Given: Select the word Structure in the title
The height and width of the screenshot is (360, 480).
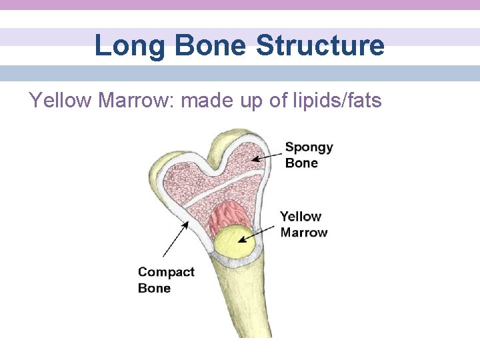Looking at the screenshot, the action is coord(320,46).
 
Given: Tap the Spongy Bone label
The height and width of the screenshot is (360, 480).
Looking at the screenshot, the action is coord(309,155).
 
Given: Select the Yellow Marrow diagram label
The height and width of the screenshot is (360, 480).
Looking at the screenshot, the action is coord(303,224).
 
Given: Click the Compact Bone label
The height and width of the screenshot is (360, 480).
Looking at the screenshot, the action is coord(166,280).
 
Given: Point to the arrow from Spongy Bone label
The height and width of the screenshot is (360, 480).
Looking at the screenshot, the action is coord(267,156).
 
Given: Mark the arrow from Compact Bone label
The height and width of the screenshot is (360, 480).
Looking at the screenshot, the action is coord(175,240).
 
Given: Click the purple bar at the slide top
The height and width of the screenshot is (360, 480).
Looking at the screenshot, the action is coord(240,5).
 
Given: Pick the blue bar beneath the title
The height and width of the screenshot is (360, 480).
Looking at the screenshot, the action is coord(240,73).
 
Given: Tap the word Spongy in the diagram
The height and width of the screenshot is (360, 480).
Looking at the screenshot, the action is coord(309,147).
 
